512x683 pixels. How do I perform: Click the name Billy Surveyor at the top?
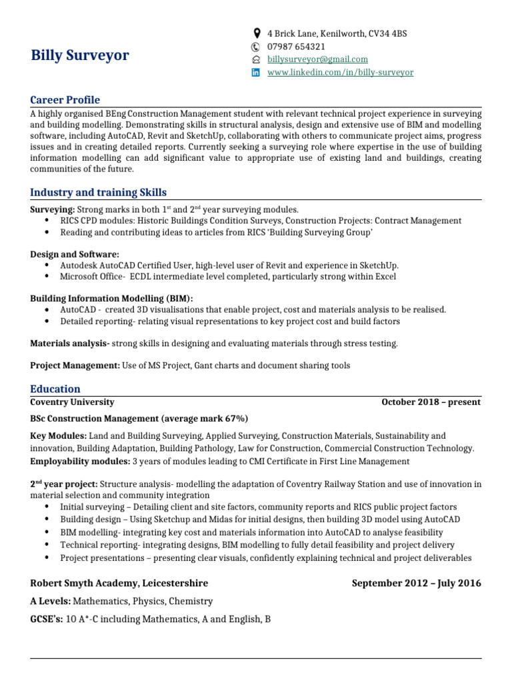(x=80, y=55)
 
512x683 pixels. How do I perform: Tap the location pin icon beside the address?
(x=257, y=33)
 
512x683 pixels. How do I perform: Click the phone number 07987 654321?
(x=296, y=47)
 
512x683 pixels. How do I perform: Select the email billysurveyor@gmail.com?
(x=317, y=59)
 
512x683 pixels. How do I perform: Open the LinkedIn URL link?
(x=340, y=72)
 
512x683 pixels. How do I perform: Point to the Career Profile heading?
(x=65, y=100)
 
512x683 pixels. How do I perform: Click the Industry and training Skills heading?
(x=99, y=193)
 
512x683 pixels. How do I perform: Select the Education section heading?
(x=55, y=389)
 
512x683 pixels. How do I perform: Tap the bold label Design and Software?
(x=75, y=254)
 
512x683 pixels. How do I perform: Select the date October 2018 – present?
(x=431, y=402)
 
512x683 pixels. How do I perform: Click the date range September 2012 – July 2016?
(x=416, y=584)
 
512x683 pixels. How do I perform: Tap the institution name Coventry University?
(x=72, y=402)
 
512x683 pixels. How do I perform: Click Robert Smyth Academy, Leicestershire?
(x=119, y=584)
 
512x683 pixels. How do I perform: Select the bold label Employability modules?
(x=80, y=462)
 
